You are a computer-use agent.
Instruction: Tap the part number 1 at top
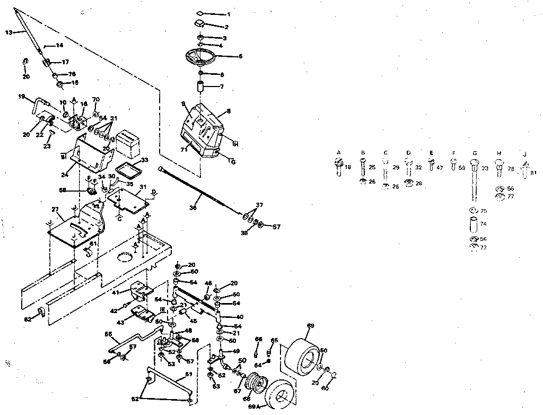click(x=229, y=14)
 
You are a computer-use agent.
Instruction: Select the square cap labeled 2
click(x=200, y=23)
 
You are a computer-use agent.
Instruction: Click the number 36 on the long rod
click(x=192, y=209)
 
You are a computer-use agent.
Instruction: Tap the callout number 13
click(x=8, y=32)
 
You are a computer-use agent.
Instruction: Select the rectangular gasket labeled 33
click(x=127, y=169)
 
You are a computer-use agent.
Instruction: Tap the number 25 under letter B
click(x=372, y=167)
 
